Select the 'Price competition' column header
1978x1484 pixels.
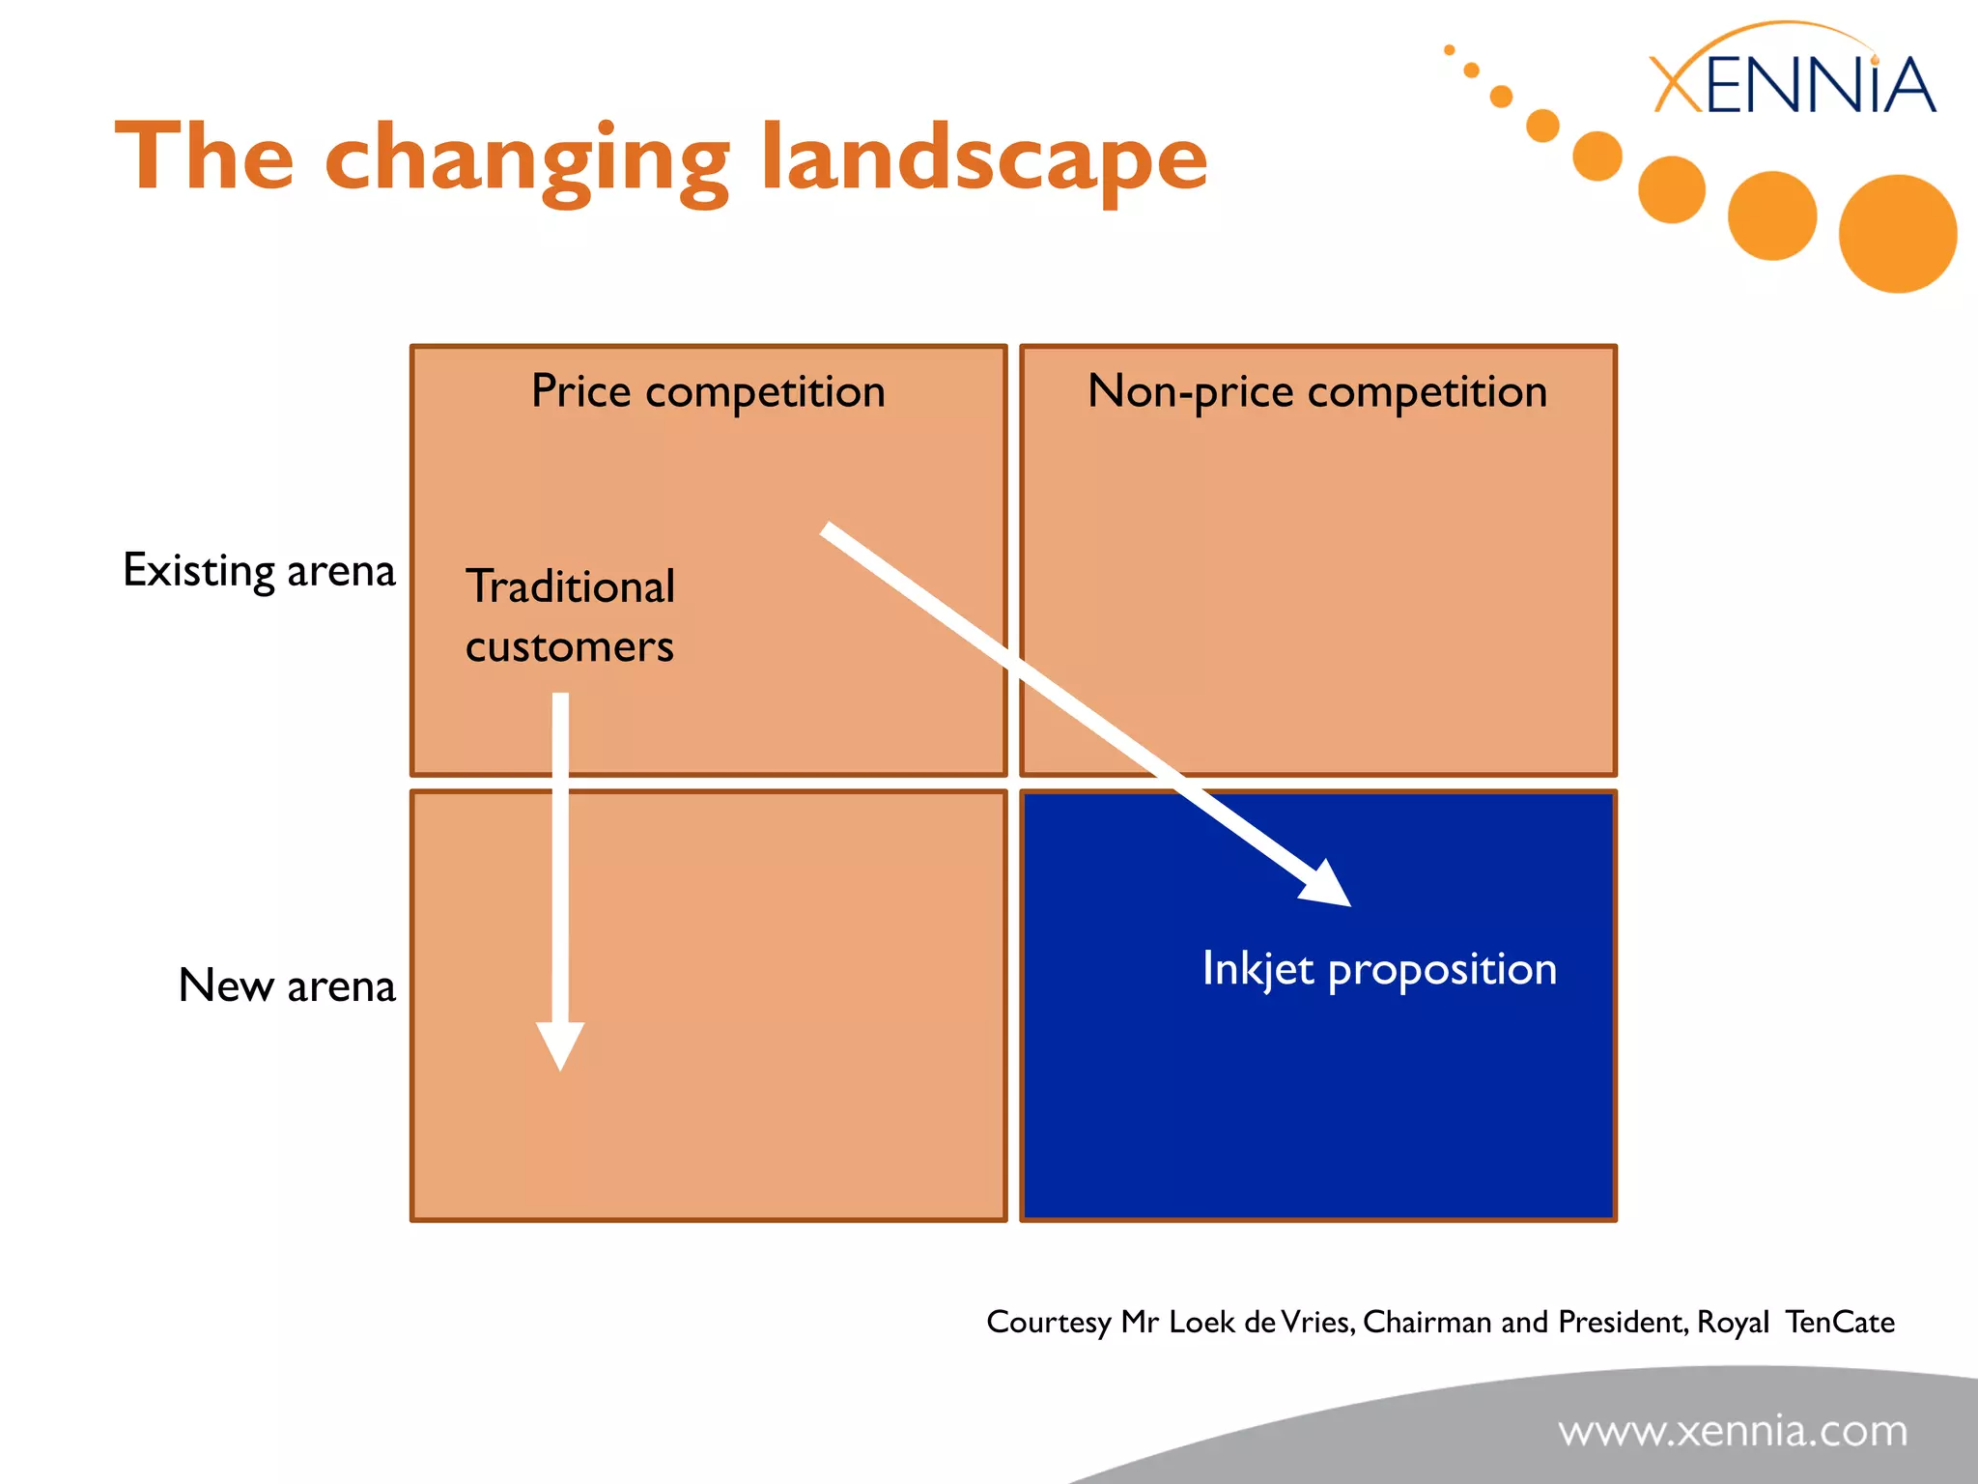click(708, 391)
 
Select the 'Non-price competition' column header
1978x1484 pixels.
click(1317, 391)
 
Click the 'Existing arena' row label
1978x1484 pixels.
click(259, 570)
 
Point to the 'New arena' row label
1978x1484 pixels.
click(287, 985)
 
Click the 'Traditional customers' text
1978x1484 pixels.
click(570, 615)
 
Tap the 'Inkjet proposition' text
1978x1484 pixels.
click(1378, 969)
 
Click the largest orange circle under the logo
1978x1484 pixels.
click(1897, 234)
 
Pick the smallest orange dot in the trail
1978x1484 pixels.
click(1449, 50)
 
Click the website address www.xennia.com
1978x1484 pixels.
click(1733, 1430)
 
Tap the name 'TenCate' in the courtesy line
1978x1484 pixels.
click(1839, 1322)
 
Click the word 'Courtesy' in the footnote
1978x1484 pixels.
click(1048, 1323)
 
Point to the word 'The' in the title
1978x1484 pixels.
click(204, 157)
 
